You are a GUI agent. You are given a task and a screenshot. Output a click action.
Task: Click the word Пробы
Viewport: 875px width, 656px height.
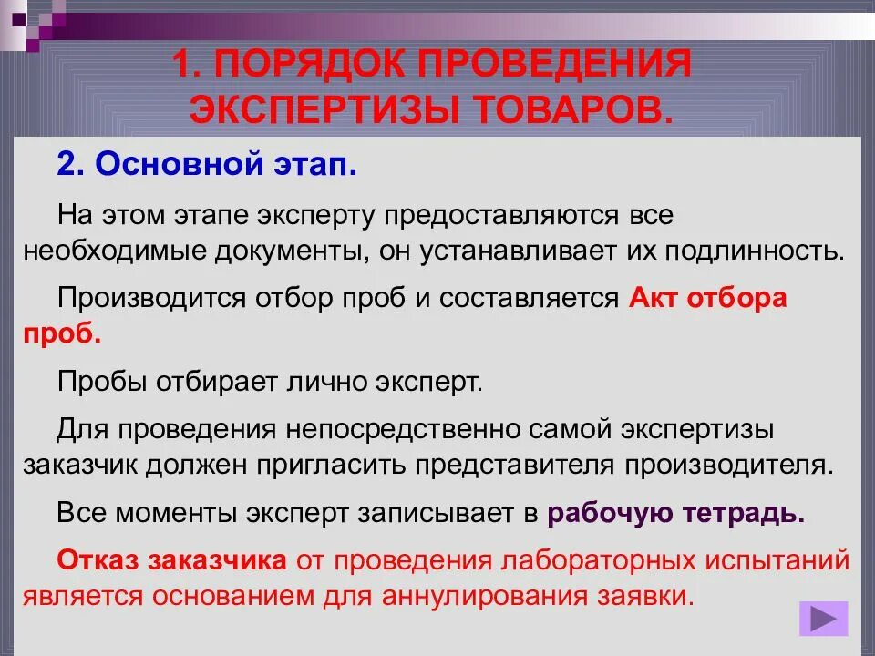coord(99,381)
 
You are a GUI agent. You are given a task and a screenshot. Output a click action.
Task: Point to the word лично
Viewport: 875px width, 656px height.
coord(323,381)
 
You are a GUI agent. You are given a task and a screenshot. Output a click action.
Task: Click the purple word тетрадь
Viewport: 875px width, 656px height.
coord(752,512)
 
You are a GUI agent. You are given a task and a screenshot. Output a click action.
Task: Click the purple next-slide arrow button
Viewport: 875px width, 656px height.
coord(823,620)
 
